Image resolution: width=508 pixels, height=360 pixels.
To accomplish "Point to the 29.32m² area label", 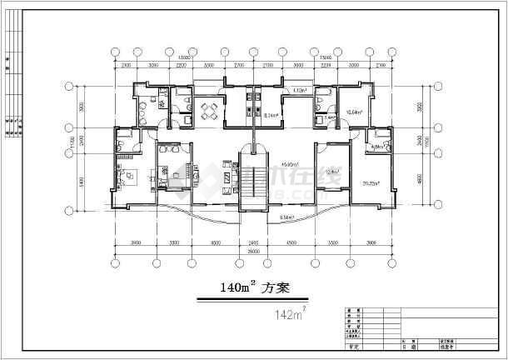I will pos(371,182).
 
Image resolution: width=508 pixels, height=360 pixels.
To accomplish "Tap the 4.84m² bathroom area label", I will pos(376,147).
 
